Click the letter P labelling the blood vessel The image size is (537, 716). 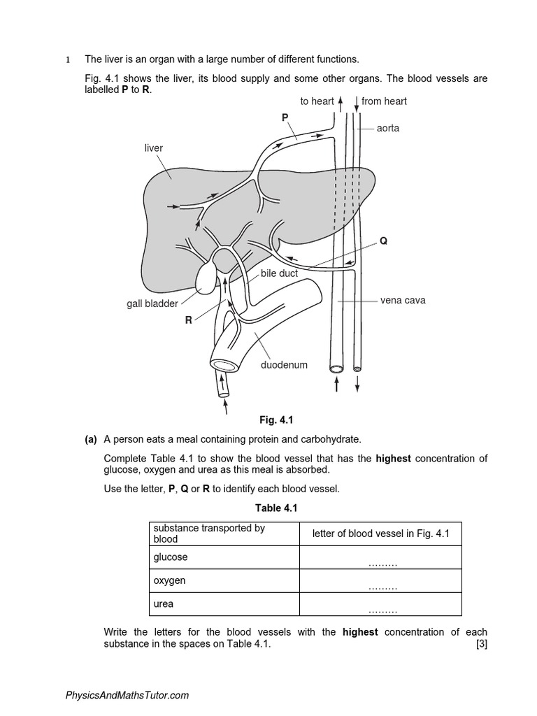[x=285, y=118]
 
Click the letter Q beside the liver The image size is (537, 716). [x=383, y=241]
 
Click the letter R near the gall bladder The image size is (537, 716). [x=188, y=320]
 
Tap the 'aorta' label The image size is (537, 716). [x=388, y=129]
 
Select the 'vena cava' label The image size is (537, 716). [x=403, y=301]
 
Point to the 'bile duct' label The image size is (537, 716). [x=279, y=273]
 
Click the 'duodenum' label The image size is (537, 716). [x=284, y=364]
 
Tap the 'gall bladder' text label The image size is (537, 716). [x=152, y=303]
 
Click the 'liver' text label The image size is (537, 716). [x=154, y=148]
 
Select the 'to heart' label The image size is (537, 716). [x=317, y=101]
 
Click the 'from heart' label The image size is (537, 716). [x=384, y=101]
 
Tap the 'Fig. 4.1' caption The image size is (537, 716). [x=276, y=420]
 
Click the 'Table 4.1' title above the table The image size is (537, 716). [x=284, y=508]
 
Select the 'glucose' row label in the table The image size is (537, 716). [x=171, y=557]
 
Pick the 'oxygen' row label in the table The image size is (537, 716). [x=170, y=580]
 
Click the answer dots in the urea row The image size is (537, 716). [x=382, y=610]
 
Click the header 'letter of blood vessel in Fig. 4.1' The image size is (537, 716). [x=381, y=534]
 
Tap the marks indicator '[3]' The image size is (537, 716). [x=481, y=645]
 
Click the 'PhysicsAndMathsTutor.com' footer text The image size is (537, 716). [x=127, y=695]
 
